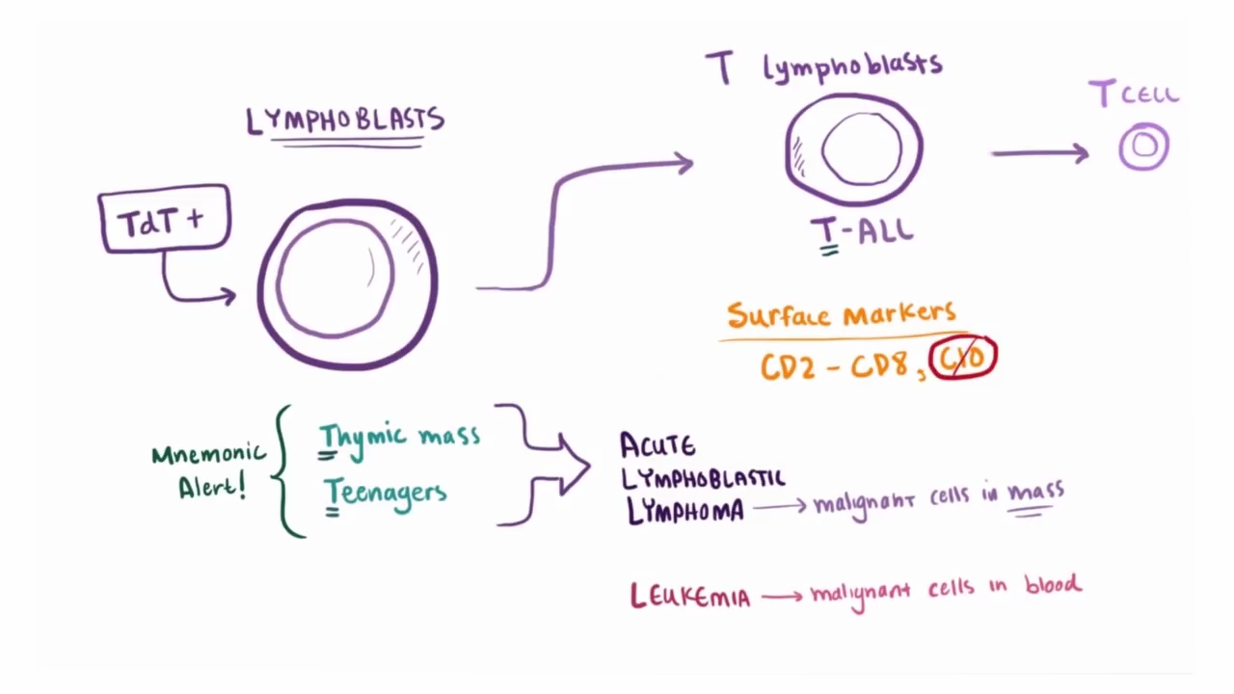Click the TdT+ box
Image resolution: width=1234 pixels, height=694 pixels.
(164, 221)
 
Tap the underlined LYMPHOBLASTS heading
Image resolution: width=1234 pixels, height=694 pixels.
(345, 121)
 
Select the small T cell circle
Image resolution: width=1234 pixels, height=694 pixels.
(1144, 147)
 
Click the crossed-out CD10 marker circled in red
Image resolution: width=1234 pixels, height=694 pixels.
(962, 358)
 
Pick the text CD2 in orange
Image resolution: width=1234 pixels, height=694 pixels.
(787, 366)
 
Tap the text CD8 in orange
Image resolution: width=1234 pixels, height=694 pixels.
(885, 366)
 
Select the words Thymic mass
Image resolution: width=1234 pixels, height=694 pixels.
(399, 437)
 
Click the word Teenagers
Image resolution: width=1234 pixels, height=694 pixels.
(386, 493)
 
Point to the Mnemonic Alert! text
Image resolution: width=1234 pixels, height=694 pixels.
(209, 469)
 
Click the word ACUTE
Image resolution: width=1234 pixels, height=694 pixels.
(657, 445)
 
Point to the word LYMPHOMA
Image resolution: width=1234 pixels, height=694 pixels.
(685, 511)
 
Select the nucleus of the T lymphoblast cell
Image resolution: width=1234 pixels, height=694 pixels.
(862, 148)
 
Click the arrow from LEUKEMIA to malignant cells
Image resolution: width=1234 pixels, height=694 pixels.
(781, 597)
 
